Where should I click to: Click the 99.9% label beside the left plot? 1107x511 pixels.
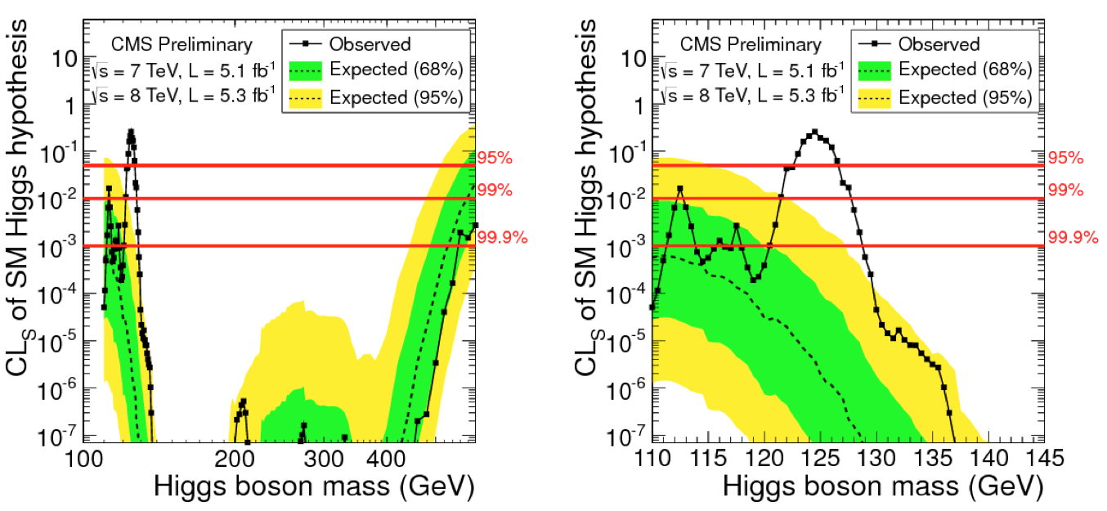click(x=502, y=238)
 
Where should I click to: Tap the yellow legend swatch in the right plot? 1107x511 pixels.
click(x=877, y=97)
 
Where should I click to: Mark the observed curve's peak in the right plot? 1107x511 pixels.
click(x=814, y=132)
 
